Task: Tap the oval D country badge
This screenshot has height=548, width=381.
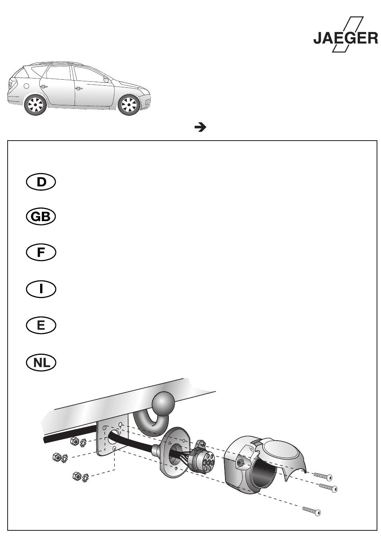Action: (41, 182)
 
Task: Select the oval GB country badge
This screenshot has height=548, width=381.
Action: (41, 217)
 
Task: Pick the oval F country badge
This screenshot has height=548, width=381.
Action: (41, 252)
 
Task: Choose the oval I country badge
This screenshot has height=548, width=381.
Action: (41, 289)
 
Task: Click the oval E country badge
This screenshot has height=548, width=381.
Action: (41, 325)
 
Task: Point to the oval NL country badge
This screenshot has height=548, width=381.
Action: (41, 362)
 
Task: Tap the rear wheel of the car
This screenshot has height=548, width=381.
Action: (36, 105)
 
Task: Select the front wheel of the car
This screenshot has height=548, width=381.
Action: (129, 105)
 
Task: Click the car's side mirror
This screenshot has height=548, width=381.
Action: (106, 79)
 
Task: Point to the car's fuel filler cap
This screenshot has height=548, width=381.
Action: (26, 86)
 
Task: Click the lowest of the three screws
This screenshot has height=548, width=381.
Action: (311, 511)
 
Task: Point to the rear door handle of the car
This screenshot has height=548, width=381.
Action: (44, 87)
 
